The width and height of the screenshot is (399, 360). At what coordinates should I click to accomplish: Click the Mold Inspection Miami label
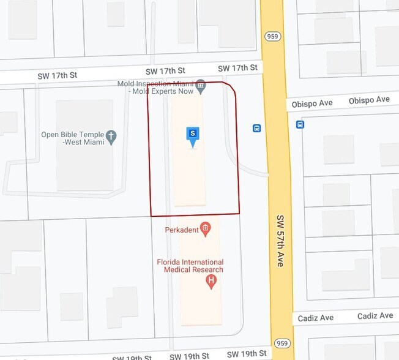pos(156,83)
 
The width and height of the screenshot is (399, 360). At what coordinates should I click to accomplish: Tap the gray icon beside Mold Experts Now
pos(201,84)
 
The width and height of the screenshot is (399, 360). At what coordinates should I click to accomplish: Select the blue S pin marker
pos(193,135)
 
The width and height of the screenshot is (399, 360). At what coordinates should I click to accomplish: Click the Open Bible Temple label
pos(72,135)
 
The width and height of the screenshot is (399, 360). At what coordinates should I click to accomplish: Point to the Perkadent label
pos(182,230)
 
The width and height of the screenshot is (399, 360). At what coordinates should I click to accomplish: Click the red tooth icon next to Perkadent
pos(206,230)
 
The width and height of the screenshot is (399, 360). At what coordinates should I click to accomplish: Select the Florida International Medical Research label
pos(190,266)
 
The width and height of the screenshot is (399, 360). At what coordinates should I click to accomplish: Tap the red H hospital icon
pos(212,282)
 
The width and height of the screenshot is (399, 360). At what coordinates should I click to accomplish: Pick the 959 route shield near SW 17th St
pos(272,37)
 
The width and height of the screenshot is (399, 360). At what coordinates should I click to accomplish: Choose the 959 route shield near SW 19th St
pos(282,343)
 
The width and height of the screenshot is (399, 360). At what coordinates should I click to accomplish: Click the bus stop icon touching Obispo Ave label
pos(300,124)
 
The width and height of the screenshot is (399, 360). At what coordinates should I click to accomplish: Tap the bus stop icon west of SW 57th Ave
pos(257,128)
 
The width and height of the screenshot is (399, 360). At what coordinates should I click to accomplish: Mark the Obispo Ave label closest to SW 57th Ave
pos(313,103)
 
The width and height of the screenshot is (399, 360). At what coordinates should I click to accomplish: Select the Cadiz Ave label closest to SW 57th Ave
pos(316,318)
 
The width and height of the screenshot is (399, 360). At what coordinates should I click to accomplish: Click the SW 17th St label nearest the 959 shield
pos(237,67)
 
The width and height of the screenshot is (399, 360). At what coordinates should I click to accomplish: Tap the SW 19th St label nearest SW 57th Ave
pos(247,354)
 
